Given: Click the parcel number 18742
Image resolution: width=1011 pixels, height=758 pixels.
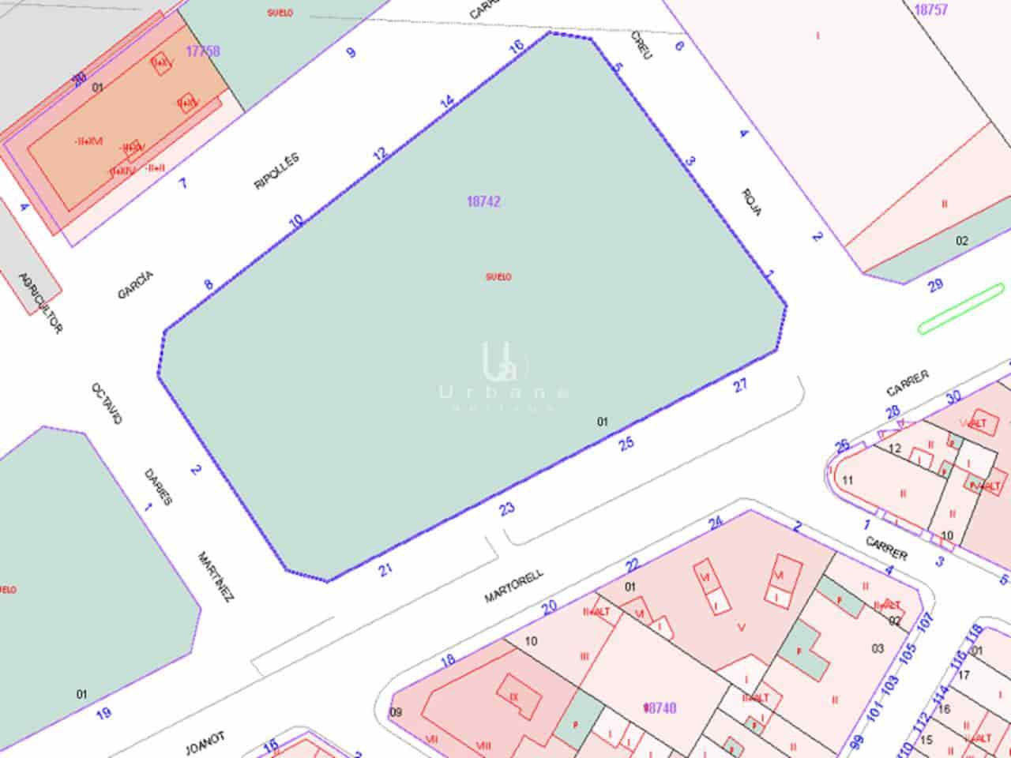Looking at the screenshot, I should point(483,201).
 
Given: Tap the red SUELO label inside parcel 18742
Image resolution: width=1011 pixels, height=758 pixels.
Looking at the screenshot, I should point(498,277).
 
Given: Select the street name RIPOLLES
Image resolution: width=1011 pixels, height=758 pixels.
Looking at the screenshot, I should point(276,171).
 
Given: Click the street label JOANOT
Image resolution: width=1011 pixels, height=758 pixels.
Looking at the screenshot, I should point(205,743).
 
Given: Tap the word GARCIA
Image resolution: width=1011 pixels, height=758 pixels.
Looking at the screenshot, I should point(135,285).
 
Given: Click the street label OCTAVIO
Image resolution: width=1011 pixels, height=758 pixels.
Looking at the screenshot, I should point(107,403).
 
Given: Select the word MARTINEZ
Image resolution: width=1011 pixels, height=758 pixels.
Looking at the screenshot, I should point(216,577).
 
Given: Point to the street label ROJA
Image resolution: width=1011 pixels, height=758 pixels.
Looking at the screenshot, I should point(752,202).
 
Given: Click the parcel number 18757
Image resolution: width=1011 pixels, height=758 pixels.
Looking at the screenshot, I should point(930,10).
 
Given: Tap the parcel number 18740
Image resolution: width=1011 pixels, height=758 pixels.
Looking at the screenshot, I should point(660,708).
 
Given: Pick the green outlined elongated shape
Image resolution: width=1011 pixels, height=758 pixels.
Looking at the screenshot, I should point(961,308).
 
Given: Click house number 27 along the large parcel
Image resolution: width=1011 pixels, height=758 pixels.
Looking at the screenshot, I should point(740,385).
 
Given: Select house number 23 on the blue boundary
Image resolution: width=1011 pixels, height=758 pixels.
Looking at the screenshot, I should point(507,509).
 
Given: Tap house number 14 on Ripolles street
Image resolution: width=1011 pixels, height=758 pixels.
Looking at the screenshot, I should point(447,102).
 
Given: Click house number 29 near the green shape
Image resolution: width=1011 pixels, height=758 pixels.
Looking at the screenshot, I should point(936,285).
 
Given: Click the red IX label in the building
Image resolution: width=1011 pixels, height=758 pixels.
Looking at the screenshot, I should point(513,697).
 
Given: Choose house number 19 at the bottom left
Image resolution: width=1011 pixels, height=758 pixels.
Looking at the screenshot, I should point(103,714).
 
